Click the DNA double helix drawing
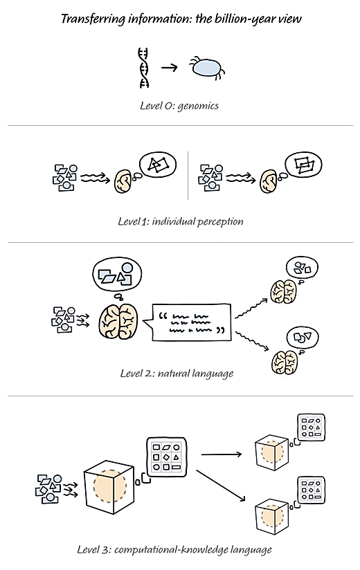[143, 68]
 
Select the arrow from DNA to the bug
[169, 67]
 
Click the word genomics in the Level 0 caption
[198, 106]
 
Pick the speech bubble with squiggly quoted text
[188, 322]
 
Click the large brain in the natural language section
[118, 322]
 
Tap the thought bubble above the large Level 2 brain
[117, 275]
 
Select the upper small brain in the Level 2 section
[283, 291]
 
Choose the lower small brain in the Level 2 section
[285, 362]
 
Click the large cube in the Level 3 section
[109, 486]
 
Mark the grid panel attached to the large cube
[166, 457]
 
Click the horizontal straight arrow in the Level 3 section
[222, 454]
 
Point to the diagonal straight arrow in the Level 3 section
[221, 486]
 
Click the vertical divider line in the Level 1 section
[188, 176]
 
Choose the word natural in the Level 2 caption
[170, 374]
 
